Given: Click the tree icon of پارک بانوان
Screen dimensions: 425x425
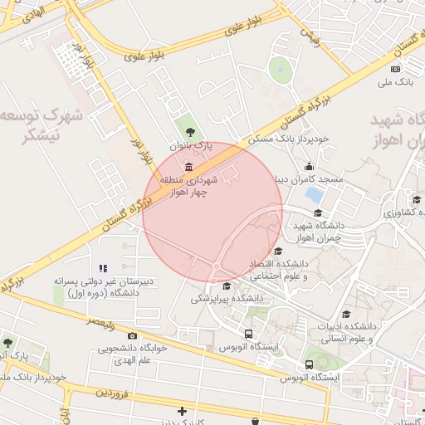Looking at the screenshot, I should click(190, 131).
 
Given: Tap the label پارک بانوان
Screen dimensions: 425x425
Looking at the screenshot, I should click(192, 145).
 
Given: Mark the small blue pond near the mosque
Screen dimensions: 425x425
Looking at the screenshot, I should click(315, 195).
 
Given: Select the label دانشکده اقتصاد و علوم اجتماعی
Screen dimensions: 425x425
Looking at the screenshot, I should click(279, 269).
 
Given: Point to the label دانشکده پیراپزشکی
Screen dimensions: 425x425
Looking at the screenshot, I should click(227, 296).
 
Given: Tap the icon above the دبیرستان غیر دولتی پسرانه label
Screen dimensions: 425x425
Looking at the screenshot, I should click(103, 268).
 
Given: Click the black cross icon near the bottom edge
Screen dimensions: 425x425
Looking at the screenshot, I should click(182, 411).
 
